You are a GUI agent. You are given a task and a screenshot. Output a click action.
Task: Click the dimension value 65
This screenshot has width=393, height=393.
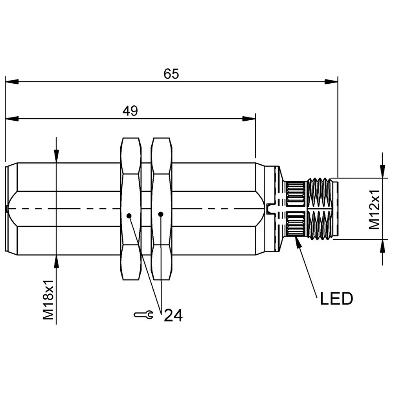171,74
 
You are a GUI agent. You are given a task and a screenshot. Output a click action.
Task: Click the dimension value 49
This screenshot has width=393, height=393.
130,111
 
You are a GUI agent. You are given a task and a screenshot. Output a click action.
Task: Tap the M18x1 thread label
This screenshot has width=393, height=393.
48,300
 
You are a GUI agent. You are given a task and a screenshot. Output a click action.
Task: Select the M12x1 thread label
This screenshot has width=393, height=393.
374,209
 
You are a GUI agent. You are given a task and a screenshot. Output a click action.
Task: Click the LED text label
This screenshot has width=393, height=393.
336,299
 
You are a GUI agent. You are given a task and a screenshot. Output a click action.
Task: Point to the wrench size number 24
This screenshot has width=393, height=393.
173,315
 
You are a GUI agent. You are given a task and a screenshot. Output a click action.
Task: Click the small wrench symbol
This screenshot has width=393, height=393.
143,314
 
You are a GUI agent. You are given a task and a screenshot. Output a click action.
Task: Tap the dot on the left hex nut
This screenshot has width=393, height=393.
129,215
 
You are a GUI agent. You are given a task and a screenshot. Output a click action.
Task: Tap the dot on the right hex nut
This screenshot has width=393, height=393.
160,214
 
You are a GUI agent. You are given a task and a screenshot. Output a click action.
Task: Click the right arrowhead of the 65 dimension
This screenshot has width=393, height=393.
331,82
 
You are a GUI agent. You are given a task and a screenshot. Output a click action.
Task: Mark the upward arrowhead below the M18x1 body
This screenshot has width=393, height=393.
57,261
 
